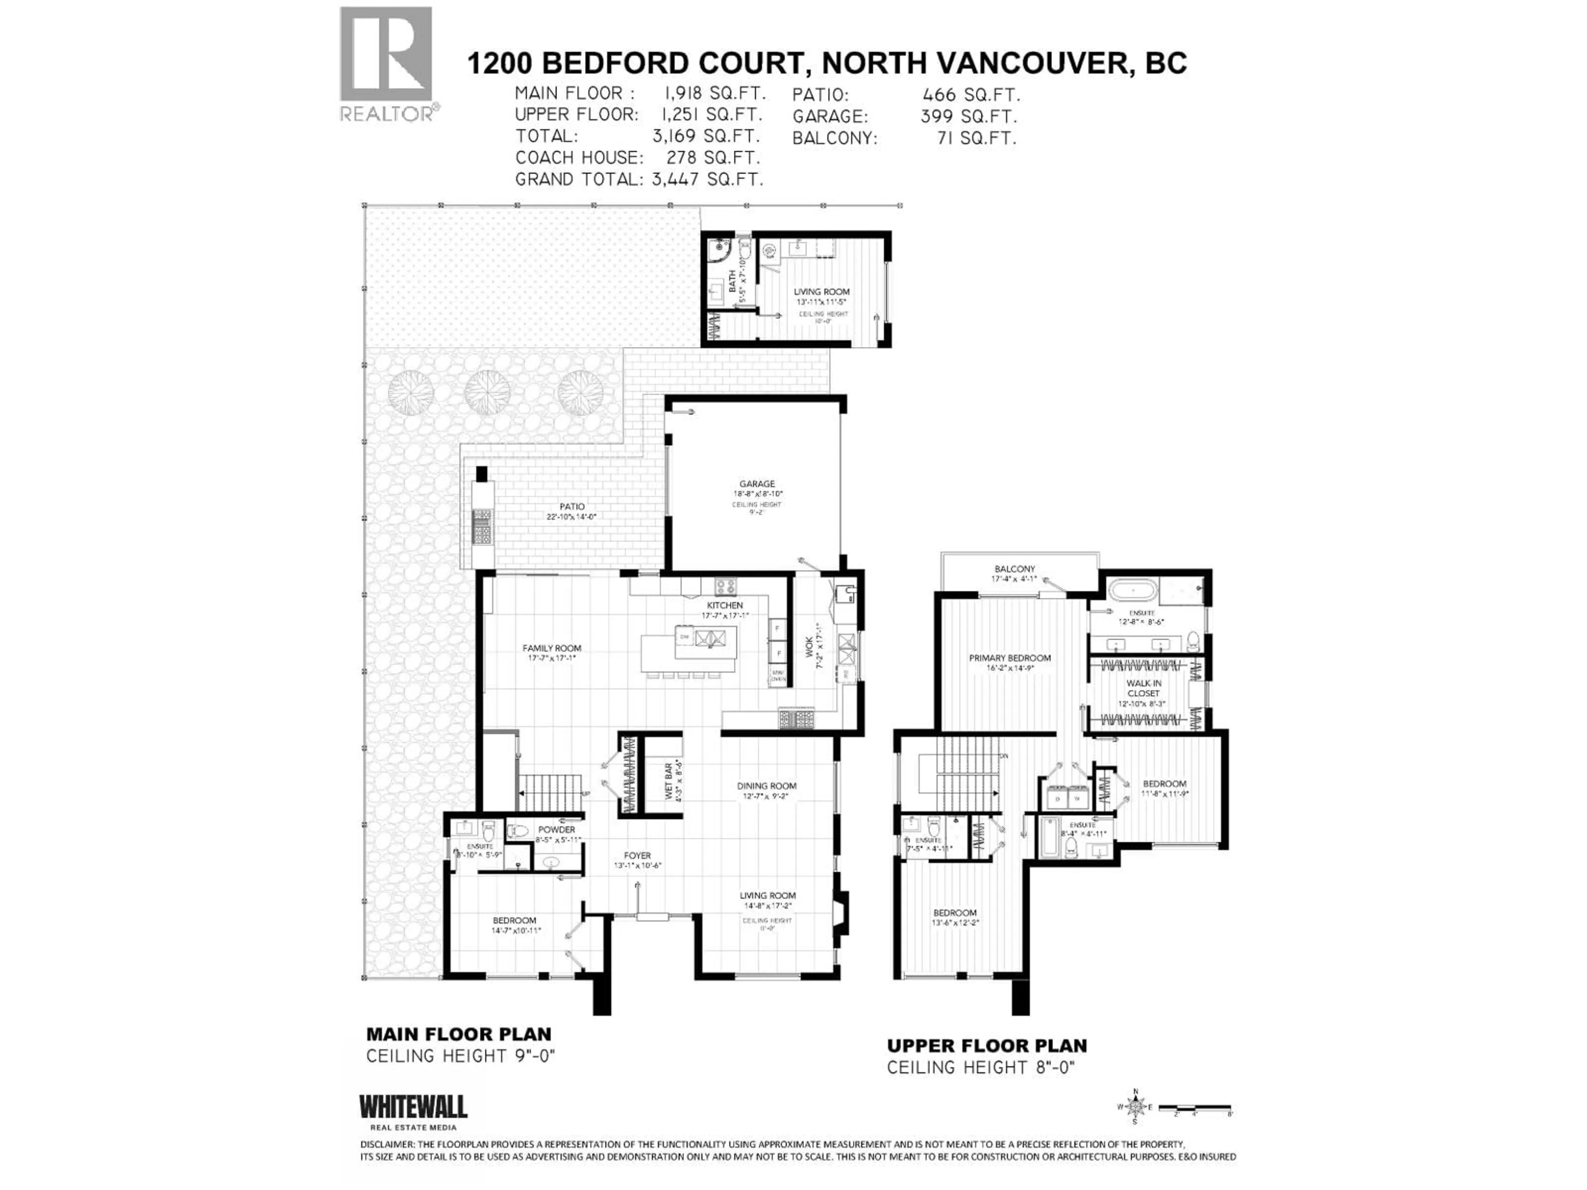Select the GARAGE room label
757,484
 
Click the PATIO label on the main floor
572,507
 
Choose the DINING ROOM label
766,786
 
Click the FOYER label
637,856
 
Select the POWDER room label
557,830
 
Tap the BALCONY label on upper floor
1015,569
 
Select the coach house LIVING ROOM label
822,292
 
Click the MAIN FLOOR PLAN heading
458,1034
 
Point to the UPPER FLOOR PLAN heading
987,1046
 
